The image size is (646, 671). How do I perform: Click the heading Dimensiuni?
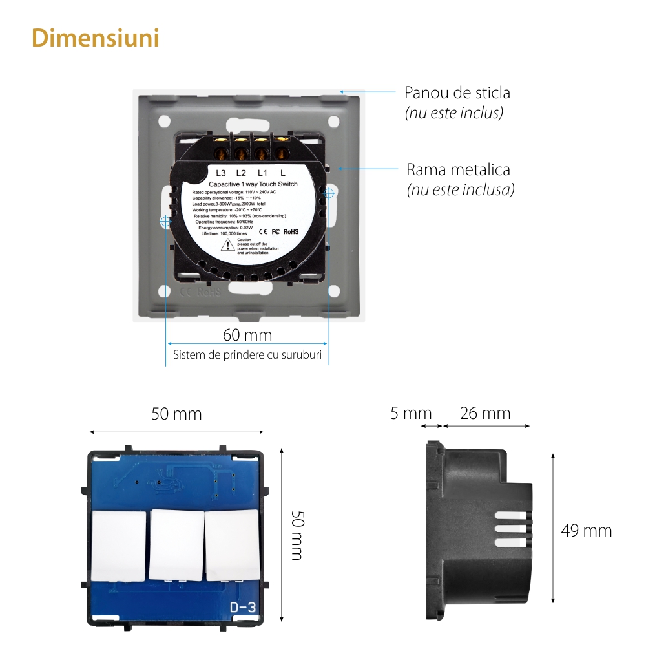96,38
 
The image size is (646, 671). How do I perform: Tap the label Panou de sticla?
457,92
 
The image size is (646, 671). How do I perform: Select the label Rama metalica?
458,170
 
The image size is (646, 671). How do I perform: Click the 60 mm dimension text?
247,335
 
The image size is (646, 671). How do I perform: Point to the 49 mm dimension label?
586,531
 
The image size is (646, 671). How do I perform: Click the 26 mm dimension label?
485,413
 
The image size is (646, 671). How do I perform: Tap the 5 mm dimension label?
411,413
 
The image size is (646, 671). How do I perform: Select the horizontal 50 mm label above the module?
176,414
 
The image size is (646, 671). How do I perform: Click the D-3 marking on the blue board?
244,607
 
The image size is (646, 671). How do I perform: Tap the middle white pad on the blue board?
176,544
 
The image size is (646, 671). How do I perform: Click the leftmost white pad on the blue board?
119,546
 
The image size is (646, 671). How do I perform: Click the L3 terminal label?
221,173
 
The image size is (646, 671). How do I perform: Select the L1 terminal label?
262,173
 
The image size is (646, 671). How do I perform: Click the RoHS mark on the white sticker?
291,231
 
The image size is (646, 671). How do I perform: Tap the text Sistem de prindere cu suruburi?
247,356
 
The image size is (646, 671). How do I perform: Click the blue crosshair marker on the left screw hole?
165,221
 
